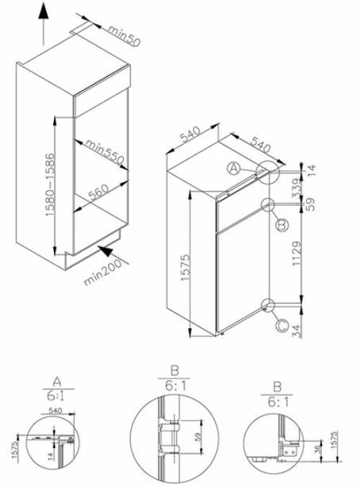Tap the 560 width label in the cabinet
(x=98, y=191)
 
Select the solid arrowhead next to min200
(x=105, y=252)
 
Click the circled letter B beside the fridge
(x=282, y=225)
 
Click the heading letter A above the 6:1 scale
(x=58, y=381)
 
